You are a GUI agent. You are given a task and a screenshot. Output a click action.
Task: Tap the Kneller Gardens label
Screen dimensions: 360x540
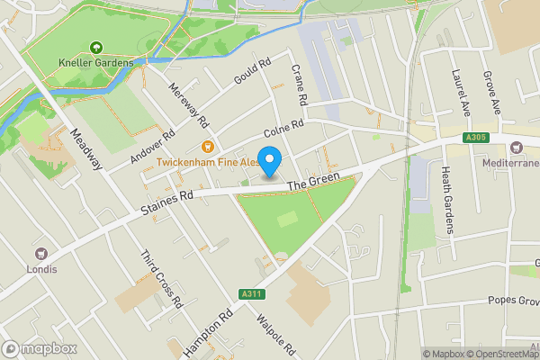(x=96, y=63)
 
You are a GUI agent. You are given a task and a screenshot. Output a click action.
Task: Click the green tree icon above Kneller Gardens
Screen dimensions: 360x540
(x=96, y=48)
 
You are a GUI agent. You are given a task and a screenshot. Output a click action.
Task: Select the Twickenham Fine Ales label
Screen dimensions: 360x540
(x=207, y=162)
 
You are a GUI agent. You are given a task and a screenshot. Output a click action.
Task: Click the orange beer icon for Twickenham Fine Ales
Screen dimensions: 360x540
(x=207, y=147)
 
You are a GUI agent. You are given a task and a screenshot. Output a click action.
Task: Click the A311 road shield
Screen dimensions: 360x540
(x=252, y=293)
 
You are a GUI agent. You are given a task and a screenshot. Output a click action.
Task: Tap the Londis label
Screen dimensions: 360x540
(x=41, y=269)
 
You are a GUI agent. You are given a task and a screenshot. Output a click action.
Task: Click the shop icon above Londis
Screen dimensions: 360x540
(x=41, y=254)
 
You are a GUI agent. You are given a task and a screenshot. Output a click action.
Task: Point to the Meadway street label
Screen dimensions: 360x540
(x=87, y=152)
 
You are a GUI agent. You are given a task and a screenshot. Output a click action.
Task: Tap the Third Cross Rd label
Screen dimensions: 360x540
(x=162, y=277)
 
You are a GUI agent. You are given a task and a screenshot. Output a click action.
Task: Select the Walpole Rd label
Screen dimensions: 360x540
(x=275, y=332)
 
